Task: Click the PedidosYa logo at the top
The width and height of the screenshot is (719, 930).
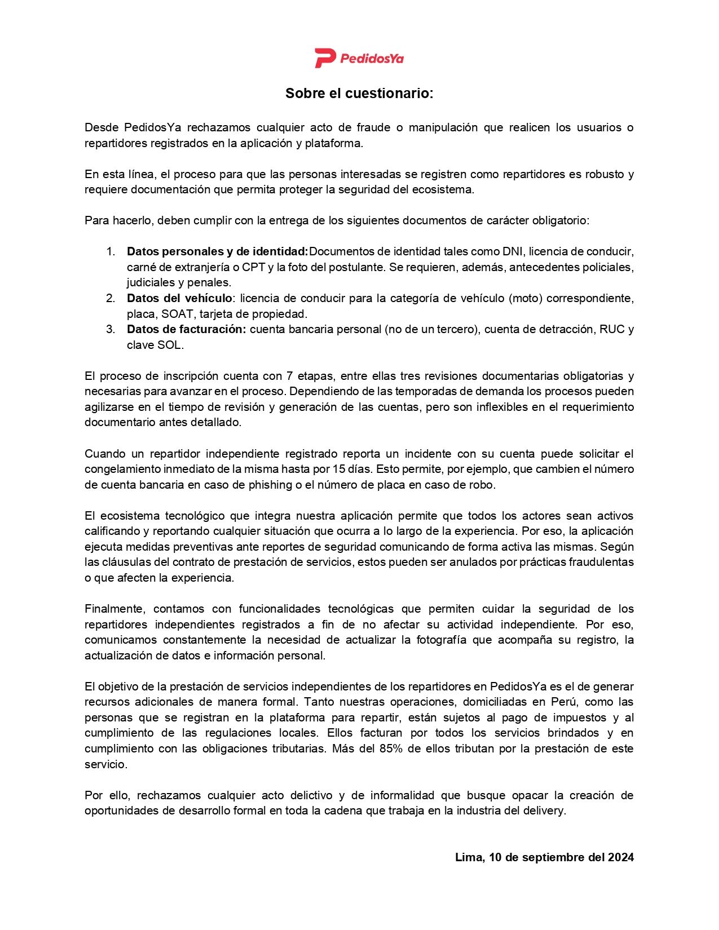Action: coord(359,57)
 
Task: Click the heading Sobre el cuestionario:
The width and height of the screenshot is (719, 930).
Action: coord(359,94)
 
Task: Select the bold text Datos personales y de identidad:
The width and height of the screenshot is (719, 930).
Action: coord(217,251)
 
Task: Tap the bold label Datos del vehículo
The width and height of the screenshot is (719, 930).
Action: coord(179,298)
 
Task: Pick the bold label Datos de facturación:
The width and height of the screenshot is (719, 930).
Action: coord(186,329)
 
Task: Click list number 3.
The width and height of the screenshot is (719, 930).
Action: coord(111,329)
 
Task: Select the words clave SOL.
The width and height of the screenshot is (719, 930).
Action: coord(155,345)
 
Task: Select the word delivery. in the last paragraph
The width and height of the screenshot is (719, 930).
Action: coord(545,811)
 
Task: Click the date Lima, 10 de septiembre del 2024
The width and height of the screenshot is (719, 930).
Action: coord(544,857)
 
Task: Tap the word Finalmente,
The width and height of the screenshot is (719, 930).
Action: coord(116,609)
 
